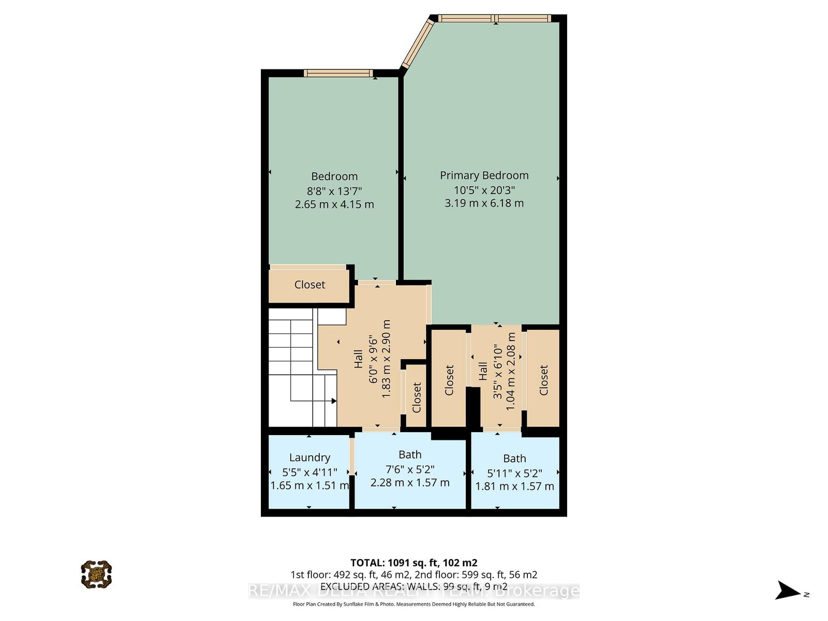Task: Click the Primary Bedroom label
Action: pyautogui.click(x=484, y=175)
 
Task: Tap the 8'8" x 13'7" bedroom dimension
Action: pyautogui.click(x=334, y=190)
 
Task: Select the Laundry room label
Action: pyautogui.click(x=309, y=457)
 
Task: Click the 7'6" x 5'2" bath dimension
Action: pyautogui.click(x=410, y=469)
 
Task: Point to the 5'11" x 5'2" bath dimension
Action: pyautogui.click(x=514, y=472)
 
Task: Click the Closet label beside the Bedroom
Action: pyautogui.click(x=309, y=285)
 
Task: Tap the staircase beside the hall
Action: pyautogui.click(x=300, y=367)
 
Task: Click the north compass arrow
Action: pyautogui.click(x=789, y=590)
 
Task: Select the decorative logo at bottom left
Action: pyautogui.click(x=96, y=574)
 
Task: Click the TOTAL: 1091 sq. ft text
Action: pyautogui.click(x=413, y=563)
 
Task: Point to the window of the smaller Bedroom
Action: pyautogui.click(x=338, y=73)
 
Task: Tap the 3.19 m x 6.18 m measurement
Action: pyautogui.click(x=484, y=203)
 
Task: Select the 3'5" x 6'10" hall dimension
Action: pyautogui.click(x=497, y=371)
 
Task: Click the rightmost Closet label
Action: pyautogui.click(x=543, y=380)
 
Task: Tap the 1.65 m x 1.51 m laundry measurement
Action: pyautogui.click(x=309, y=486)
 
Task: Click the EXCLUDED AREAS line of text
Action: pyautogui.click(x=413, y=586)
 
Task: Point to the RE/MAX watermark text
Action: pyautogui.click(x=413, y=591)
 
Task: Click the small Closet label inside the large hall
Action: pyautogui.click(x=417, y=397)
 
